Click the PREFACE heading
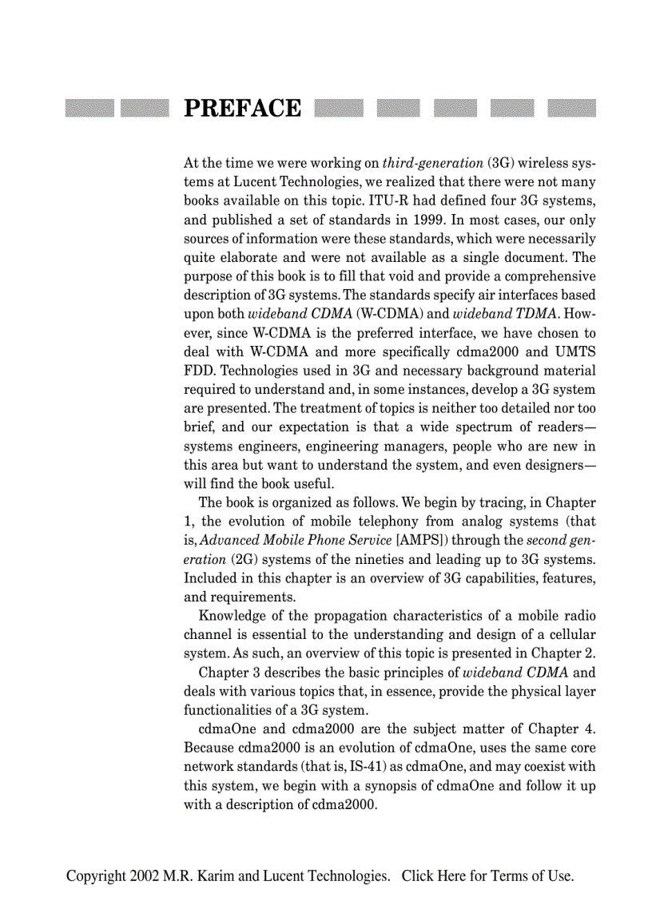243,109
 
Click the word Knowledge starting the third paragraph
233,616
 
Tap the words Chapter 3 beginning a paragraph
229,673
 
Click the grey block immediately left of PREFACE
144,109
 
